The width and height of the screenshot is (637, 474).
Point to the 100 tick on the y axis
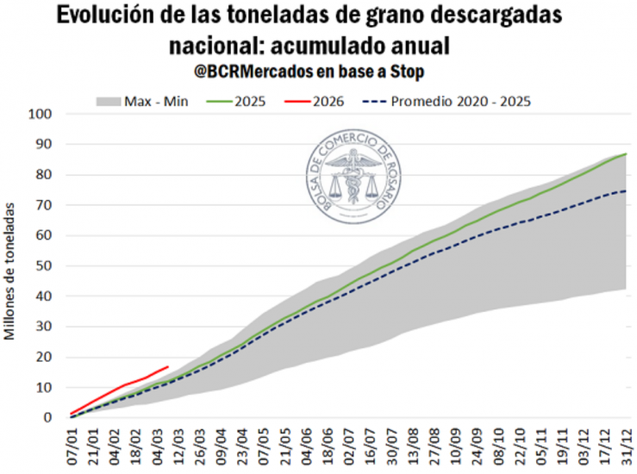(x=41, y=114)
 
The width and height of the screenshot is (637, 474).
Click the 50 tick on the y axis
(x=44, y=265)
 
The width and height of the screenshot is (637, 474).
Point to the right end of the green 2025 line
(x=626, y=153)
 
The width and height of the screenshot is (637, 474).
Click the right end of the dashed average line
(x=626, y=191)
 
